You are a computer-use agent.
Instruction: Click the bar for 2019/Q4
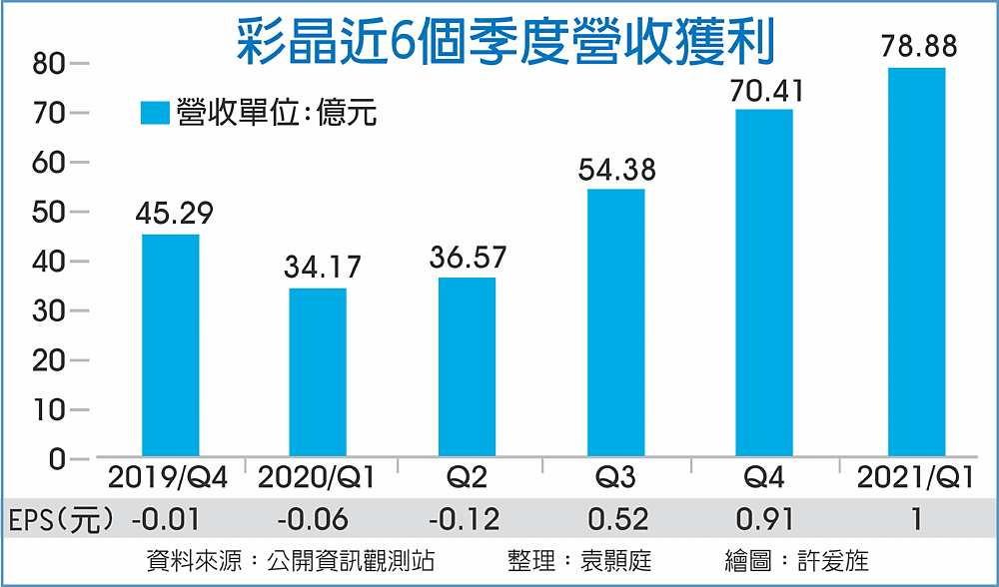[x=170, y=345]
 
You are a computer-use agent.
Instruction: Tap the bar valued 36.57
[x=467, y=366]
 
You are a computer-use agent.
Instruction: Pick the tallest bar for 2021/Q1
[x=916, y=262]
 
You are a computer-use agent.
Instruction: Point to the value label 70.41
[x=766, y=91]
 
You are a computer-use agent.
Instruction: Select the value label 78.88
[x=915, y=47]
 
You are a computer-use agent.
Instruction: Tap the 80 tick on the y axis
[x=51, y=64]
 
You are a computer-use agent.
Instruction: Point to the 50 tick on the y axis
[x=51, y=212]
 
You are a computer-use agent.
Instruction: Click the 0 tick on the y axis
[x=57, y=459]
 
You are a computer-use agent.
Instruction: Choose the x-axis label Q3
[x=616, y=479]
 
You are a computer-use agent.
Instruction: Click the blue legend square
[x=156, y=114]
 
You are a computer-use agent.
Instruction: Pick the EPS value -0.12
[x=467, y=519]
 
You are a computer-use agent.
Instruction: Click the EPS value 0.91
[x=766, y=519]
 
